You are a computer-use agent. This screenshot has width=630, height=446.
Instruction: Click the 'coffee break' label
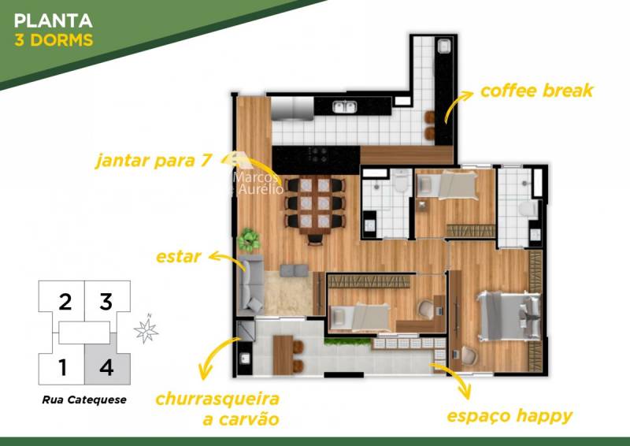coord(536,91)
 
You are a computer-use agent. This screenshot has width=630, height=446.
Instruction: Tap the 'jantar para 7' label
coord(153,161)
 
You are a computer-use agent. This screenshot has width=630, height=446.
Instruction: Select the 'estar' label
coord(179,257)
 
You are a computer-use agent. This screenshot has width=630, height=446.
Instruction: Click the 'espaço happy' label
coord(510,416)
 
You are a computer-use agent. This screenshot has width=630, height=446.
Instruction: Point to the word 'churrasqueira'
coord(217,399)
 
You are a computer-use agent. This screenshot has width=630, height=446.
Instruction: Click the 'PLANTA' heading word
coord(54,21)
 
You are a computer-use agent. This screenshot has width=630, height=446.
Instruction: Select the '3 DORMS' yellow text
coord(54,40)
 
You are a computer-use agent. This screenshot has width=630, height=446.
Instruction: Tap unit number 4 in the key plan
coord(106,367)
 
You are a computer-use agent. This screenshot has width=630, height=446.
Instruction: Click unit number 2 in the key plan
coord(65,302)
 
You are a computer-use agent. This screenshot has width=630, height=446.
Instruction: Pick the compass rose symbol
coord(146,330)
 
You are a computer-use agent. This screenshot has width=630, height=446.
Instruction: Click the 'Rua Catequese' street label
coord(84,400)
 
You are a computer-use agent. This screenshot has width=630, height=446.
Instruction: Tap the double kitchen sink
coord(345,106)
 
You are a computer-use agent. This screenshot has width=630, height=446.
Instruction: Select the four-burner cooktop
coord(317,154)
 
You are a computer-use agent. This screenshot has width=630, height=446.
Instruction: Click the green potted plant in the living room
coord(249,240)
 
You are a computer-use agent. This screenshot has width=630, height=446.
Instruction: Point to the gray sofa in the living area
coord(250,285)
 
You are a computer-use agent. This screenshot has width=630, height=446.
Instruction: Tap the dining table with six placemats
coord(315,204)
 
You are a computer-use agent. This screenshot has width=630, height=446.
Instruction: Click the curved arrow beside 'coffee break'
coord(458,106)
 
